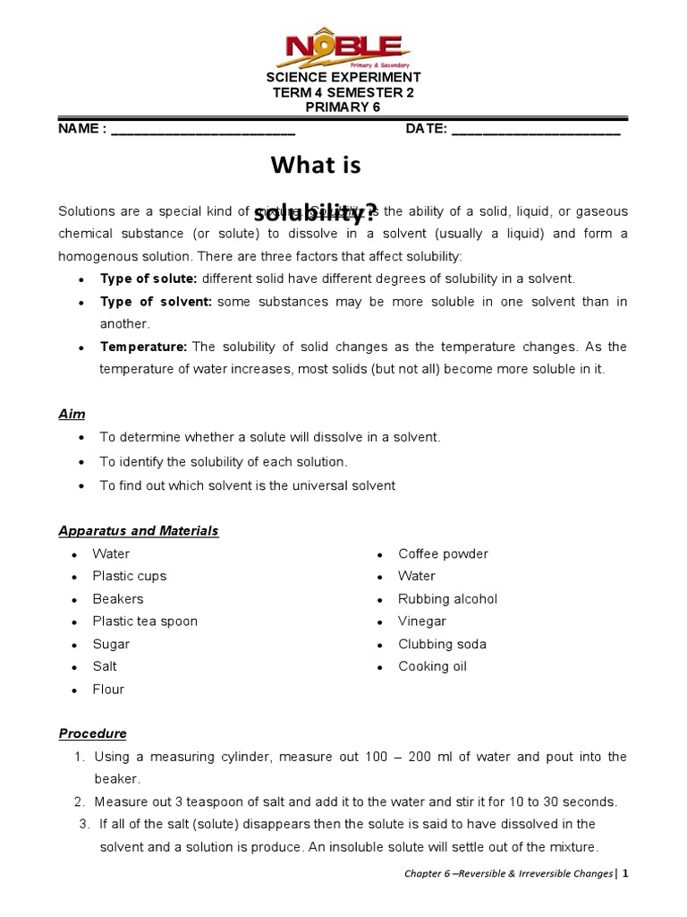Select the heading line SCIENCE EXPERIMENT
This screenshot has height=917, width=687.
(343, 78)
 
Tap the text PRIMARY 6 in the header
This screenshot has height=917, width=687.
(343, 107)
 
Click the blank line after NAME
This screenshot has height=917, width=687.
(203, 130)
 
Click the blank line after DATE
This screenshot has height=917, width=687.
(536, 130)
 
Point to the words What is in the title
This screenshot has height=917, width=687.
(315, 166)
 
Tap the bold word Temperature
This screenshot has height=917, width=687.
(143, 347)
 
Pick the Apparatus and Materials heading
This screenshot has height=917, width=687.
(139, 531)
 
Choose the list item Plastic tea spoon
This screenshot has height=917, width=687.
(145, 621)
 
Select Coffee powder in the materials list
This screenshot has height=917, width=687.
(443, 553)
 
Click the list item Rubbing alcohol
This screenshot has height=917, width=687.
(447, 599)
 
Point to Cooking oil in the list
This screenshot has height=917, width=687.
(432, 666)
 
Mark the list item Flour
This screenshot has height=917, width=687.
(108, 690)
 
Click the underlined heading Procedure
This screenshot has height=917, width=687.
(93, 733)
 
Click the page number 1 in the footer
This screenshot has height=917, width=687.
(626, 873)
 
